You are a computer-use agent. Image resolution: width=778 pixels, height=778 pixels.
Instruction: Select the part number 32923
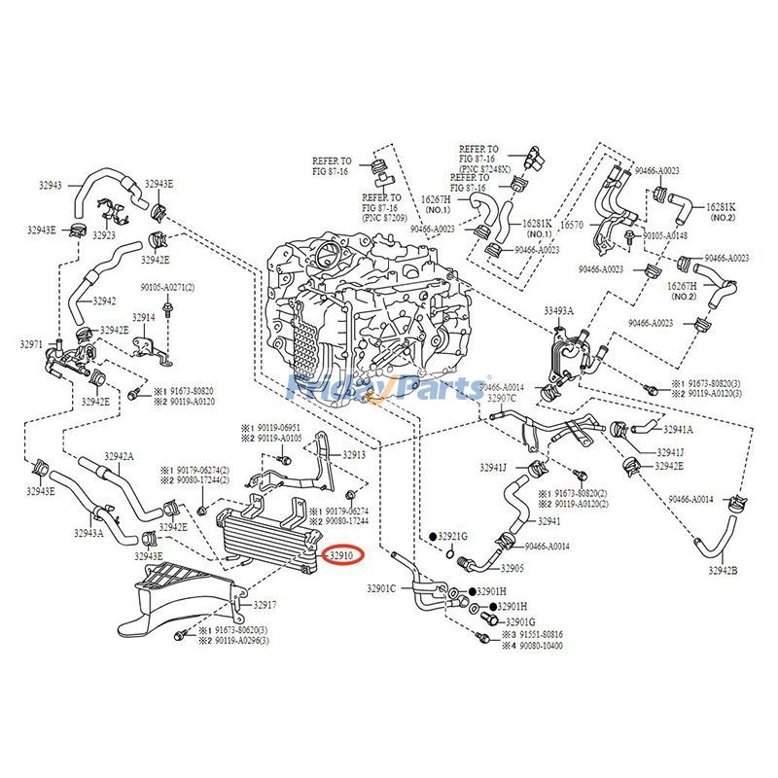tap(105, 235)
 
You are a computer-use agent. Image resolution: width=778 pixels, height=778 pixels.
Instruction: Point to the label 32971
tap(31, 344)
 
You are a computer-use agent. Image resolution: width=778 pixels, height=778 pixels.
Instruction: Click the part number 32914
tap(144, 318)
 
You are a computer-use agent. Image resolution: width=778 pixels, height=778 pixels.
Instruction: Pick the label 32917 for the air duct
tap(265, 605)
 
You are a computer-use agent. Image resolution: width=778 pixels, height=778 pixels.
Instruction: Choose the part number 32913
tap(353, 454)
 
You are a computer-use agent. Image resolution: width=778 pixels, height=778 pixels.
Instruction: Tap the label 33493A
tap(558, 311)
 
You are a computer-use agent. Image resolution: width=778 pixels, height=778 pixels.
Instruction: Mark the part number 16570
tap(575, 224)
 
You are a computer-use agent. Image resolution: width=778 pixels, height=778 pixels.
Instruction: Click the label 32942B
tap(722, 571)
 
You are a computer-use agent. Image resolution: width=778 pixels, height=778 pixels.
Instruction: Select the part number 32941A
tap(678, 429)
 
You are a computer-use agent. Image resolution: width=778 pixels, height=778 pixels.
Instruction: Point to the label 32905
tap(513, 568)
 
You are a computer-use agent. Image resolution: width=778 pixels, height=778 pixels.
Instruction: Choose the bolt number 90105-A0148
tap(665, 235)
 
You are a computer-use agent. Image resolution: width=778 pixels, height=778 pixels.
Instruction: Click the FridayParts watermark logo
tap(389, 388)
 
